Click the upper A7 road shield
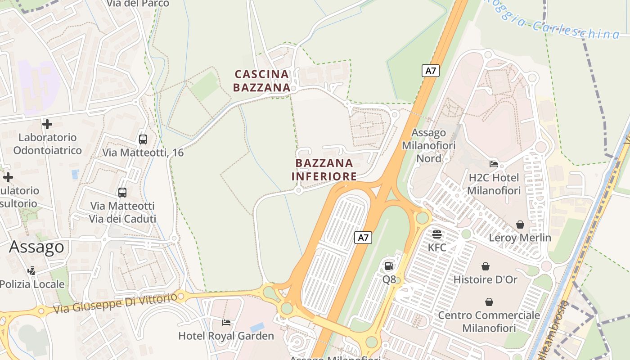point(431,71)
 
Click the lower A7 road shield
point(363,237)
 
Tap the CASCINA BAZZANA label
point(261,81)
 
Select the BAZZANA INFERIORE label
point(324,170)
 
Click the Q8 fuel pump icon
point(389,266)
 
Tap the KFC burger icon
point(437,234)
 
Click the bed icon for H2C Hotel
point(494,164)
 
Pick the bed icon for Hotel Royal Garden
point(226,323)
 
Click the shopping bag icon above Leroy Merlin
point(520,225)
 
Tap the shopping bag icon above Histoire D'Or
point(486,266)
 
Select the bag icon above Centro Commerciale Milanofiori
point(489,302)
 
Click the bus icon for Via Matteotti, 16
point(143,139)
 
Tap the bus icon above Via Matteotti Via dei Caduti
point(122,193)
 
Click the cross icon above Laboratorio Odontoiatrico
point(47,124)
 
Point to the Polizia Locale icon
point(31,271)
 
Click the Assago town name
point(37,247)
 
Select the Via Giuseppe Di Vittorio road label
point(115,303)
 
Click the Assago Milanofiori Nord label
point(428,145)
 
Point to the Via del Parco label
point(138,4)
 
